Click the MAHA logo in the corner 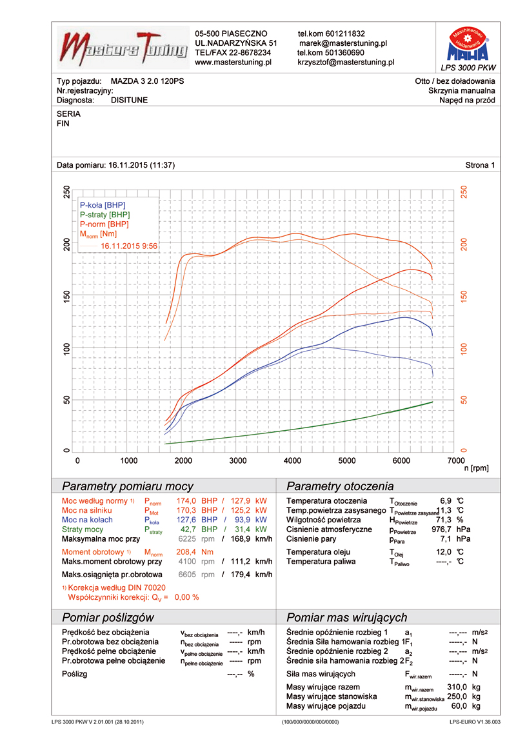coord(468,44)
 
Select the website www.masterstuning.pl coord(232,63)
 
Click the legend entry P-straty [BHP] coord(104,214)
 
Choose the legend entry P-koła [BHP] coord(102,204)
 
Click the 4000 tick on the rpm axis coord(292,460)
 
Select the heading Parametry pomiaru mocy coord(127,486)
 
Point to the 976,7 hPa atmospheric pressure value coord(441,529)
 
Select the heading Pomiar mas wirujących coord(346,617)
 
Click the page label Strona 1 coord(480,165)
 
